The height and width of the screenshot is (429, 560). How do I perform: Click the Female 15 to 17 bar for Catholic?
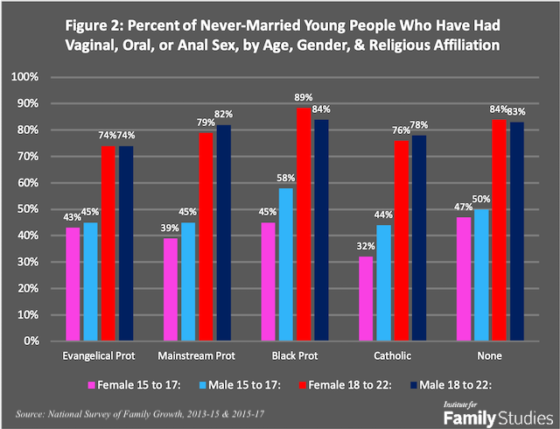coord(364,299)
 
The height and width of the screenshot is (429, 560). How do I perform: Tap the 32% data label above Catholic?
coord(364,248)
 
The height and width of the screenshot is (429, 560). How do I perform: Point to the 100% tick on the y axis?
coord(45,77)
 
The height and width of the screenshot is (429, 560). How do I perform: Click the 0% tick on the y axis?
coord(51,341)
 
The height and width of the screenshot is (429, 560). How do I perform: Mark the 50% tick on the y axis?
coord(48,209)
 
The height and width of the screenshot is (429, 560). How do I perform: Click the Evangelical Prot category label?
coord(98,358)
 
